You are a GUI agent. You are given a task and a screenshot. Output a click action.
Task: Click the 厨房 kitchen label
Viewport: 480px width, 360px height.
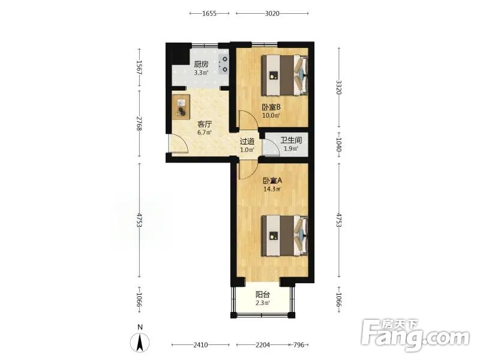tap(201, 64)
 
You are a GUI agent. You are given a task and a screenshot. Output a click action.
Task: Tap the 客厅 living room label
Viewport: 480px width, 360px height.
tap(205, 124)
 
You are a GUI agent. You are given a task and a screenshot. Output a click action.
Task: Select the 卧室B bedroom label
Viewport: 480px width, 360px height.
tap(271, 107)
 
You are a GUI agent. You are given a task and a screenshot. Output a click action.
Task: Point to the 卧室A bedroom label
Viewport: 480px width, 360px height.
tap(272, 181)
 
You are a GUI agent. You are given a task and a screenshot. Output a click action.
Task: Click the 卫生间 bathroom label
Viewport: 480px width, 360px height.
tap(291, 140)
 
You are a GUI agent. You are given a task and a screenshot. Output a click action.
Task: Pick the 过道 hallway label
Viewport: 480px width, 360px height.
tap(247, 142)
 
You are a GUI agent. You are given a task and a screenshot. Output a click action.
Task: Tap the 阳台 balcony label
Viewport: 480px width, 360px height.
tap(263, 295)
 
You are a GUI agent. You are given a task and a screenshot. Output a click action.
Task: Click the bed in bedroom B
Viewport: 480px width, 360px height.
tap(284, 75)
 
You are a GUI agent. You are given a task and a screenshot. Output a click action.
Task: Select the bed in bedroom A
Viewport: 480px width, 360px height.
tap(284, 235)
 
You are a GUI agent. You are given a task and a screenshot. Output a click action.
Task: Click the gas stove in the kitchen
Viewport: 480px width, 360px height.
tap(224, 64)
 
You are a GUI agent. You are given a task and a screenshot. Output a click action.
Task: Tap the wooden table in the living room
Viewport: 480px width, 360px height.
tap(181, 107)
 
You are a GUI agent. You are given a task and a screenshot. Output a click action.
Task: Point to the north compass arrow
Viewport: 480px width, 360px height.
tap(140, 342)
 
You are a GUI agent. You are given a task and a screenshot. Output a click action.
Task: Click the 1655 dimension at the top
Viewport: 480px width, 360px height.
tap(209, 13)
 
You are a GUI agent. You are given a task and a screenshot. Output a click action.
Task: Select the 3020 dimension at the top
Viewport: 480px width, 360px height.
tap(272, 13)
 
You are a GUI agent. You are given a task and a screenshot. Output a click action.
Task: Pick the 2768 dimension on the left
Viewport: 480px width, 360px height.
tap(139, 124)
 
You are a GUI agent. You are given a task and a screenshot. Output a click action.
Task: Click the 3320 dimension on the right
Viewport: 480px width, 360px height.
tap(338, 87)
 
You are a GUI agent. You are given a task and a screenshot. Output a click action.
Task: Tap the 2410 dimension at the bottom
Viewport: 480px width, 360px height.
tap(200, 345)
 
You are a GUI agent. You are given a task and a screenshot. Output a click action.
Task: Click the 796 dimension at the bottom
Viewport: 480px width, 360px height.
tap(299, 345)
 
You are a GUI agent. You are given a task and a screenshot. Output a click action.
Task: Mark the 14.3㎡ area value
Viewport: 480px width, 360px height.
tap(272, 189)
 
